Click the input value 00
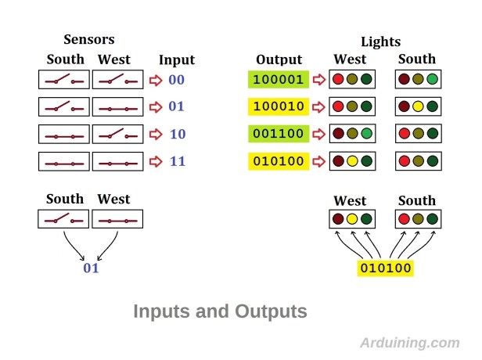click(176, 80)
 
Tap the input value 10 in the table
click(178, 135)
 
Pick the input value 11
click(178, 162)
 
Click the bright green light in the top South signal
click(432, 80)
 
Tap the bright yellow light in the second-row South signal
click(419, 107)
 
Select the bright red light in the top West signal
click(338, 80)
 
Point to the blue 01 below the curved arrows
click(92, 268)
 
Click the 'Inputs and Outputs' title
click(220, 311)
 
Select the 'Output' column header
click(279, 60)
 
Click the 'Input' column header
click(177, 60)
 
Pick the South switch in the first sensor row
click(64, 80)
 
